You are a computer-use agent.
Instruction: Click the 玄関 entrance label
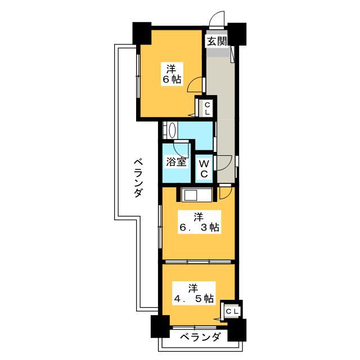(217, 41)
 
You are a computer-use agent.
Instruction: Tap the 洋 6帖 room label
(172, 74)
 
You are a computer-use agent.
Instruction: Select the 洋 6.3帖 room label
(199, 222)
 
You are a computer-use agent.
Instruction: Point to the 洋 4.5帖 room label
(194, 294)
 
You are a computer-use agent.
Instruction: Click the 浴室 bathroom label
(176, 163)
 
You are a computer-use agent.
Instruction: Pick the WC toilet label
(204, 169)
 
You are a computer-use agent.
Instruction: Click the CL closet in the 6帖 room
(208, 109)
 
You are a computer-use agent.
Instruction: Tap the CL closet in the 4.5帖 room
(232, 312)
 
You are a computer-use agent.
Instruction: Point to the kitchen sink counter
(197, 195)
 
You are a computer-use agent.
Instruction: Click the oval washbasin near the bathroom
(172, 130)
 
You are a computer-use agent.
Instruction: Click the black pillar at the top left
(142, 34)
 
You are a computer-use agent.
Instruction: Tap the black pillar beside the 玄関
(237, 34)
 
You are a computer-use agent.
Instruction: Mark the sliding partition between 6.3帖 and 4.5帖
(198, 262)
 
